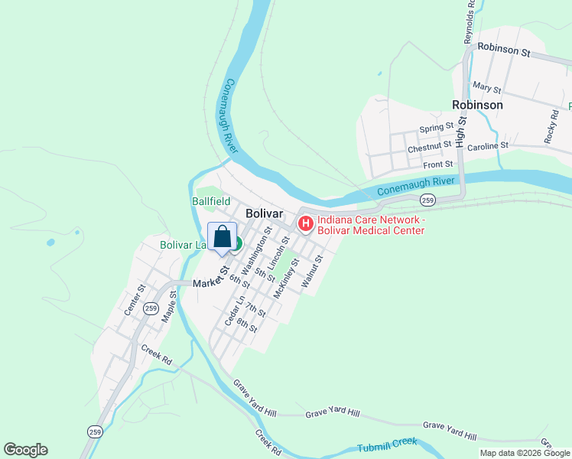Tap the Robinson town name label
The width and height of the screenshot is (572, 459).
point(477,105)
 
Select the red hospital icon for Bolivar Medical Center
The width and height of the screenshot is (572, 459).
point(305,224)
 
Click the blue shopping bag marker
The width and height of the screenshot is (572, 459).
point(222,237)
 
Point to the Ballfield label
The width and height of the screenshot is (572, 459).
point(210,201)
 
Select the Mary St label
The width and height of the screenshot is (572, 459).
point(486,89)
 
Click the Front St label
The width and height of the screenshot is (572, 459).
point(438,164)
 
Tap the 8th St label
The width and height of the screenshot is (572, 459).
point(246,325)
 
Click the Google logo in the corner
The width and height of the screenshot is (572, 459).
point(26,450)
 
